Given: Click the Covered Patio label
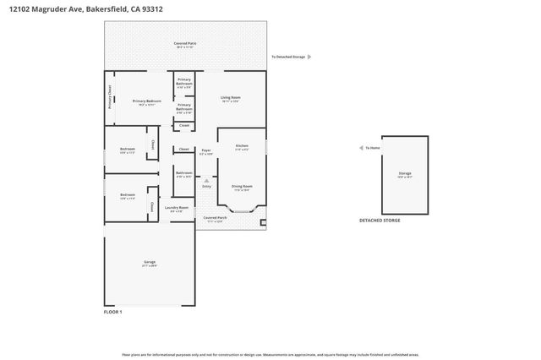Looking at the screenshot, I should click(x=184, y=43).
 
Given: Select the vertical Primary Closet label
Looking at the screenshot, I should click(x=110, y=98).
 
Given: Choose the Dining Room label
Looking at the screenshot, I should click(x=243, y=187).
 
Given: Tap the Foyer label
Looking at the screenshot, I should click(x=205, y=151).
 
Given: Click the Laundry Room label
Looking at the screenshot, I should click(x=177, y=208).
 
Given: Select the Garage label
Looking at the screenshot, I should click(x=149, y=264).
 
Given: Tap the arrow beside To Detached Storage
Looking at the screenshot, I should click(x=309, y=57).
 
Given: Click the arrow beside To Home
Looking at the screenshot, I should click(x=359, y=148).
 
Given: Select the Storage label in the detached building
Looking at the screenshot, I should click(x=405, y=174).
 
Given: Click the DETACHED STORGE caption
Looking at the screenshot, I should click(x=380, y=220).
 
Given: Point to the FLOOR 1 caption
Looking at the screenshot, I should click(x=112, y=312).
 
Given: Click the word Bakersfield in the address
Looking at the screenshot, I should click(x=103, y=9).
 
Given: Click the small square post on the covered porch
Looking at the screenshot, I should click(x=263, y=223).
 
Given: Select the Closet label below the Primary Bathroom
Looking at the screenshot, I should click(x=184, y=126).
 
